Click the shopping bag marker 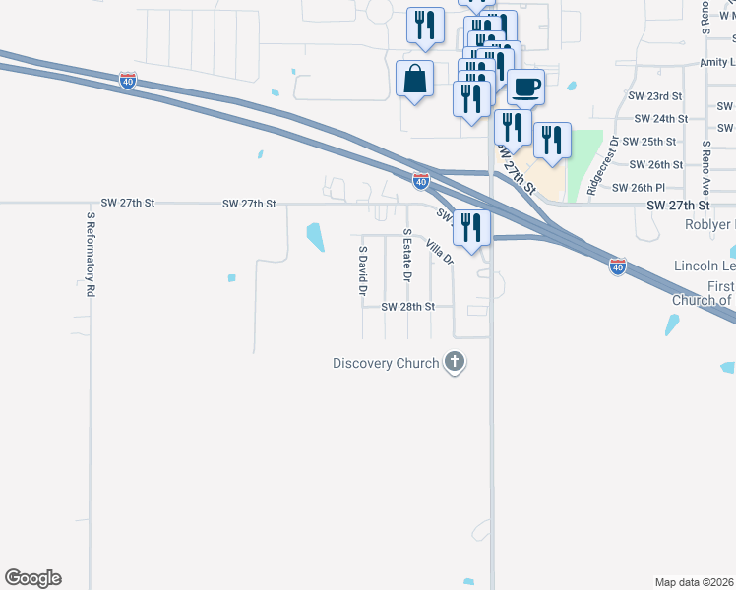click(x=414, y=79)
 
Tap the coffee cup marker click(x=526, y=87)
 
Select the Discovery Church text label click(x=386, y=364)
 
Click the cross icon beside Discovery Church click(x=455, y=363)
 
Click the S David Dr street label click(x=362, y=270)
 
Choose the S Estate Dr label click(x=406, y=255)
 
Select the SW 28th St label click(x=408, y=307)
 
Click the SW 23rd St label click(x=655, y=96)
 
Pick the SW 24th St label click(x=656, y=119)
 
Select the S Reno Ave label click(x=705, y=166)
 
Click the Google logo click(x=32, y=578)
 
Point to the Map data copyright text click(x=695, y=582)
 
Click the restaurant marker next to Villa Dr click(x=471, y=228)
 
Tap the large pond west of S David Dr click(x=316, y=237)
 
